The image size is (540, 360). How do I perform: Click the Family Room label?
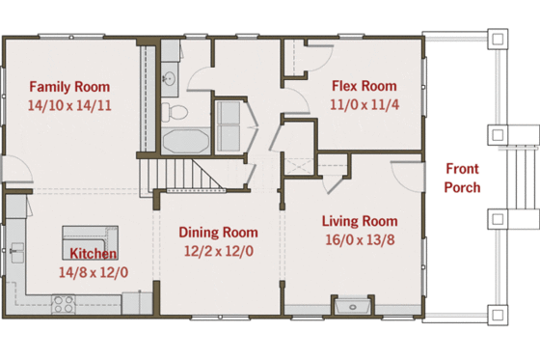(69, 86)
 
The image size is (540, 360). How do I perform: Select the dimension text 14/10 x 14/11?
(69, 105)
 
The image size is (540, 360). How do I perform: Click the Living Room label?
(359, 219)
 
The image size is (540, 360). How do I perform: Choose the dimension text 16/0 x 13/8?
(359, 238)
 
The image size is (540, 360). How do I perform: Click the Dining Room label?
(218, 232)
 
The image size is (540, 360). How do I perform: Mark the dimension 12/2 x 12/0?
(218, 251)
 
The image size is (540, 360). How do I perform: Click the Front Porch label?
(462, 178)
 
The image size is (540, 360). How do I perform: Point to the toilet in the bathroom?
(174, 112)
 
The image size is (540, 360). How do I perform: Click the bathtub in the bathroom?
(183, 142)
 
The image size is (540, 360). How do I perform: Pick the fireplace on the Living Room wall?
(351, 308)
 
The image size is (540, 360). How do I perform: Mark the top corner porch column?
(498, 40)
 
